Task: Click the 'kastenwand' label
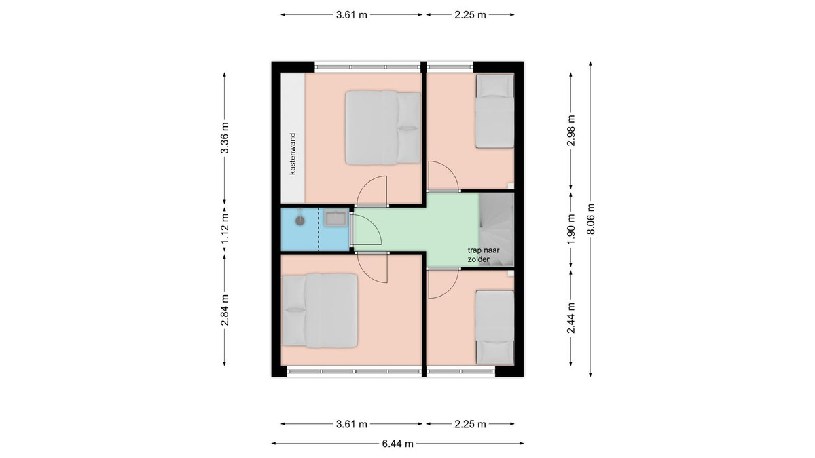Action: [x=293, y=154]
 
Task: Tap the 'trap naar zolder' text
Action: [x=484, y=255]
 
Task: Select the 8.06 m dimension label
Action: [x=590, y=218]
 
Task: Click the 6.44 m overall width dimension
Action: [x=397, y=444]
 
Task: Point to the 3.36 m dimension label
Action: [x=225, y=138]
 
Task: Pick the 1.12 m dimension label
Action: [x=225, y=229]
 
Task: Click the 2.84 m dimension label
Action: [x=225, y=310]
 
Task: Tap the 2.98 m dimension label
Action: [x=571, y=130]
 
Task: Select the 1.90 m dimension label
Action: [x=571, y=230]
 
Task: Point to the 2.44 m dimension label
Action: [x=571, y=318]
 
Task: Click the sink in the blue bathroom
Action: [x=336, y=218]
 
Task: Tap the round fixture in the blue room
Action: [x=300, y=221]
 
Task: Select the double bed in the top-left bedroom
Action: [x=383, y=128]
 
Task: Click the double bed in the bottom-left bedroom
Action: [x=320, y=311]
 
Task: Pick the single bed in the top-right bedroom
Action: [x=495, y=111]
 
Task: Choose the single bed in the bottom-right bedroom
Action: [x=495, y=327]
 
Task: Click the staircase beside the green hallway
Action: [x=496, y=230]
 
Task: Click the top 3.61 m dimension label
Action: [x=352, y=15]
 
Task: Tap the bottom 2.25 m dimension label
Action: [x=470, y=424]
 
